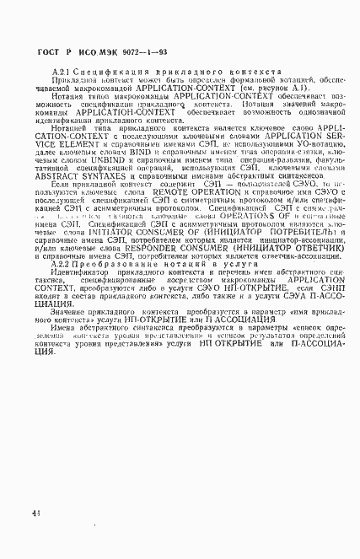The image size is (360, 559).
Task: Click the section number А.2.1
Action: point(62,76)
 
